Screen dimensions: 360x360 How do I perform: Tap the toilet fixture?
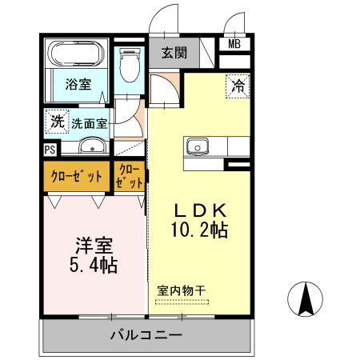click(x=129, y=67)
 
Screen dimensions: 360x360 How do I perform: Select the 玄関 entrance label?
click(x=174, y=54)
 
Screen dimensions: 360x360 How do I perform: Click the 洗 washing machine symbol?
click(x=56, y=122)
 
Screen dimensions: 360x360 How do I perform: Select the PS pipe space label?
click(x=50, y=149)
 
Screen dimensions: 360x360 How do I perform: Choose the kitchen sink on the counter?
click(x=197, y=146)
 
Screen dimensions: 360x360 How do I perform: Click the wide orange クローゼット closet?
click(x=78, y=177)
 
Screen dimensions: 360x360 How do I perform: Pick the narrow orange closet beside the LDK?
click(x=130, y=176)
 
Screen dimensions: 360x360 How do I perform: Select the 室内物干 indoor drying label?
click(x=181, y=290)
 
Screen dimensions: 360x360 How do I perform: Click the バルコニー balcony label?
click(x=146, y=334)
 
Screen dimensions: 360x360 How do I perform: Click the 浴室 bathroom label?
click(x=78, y=83)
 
